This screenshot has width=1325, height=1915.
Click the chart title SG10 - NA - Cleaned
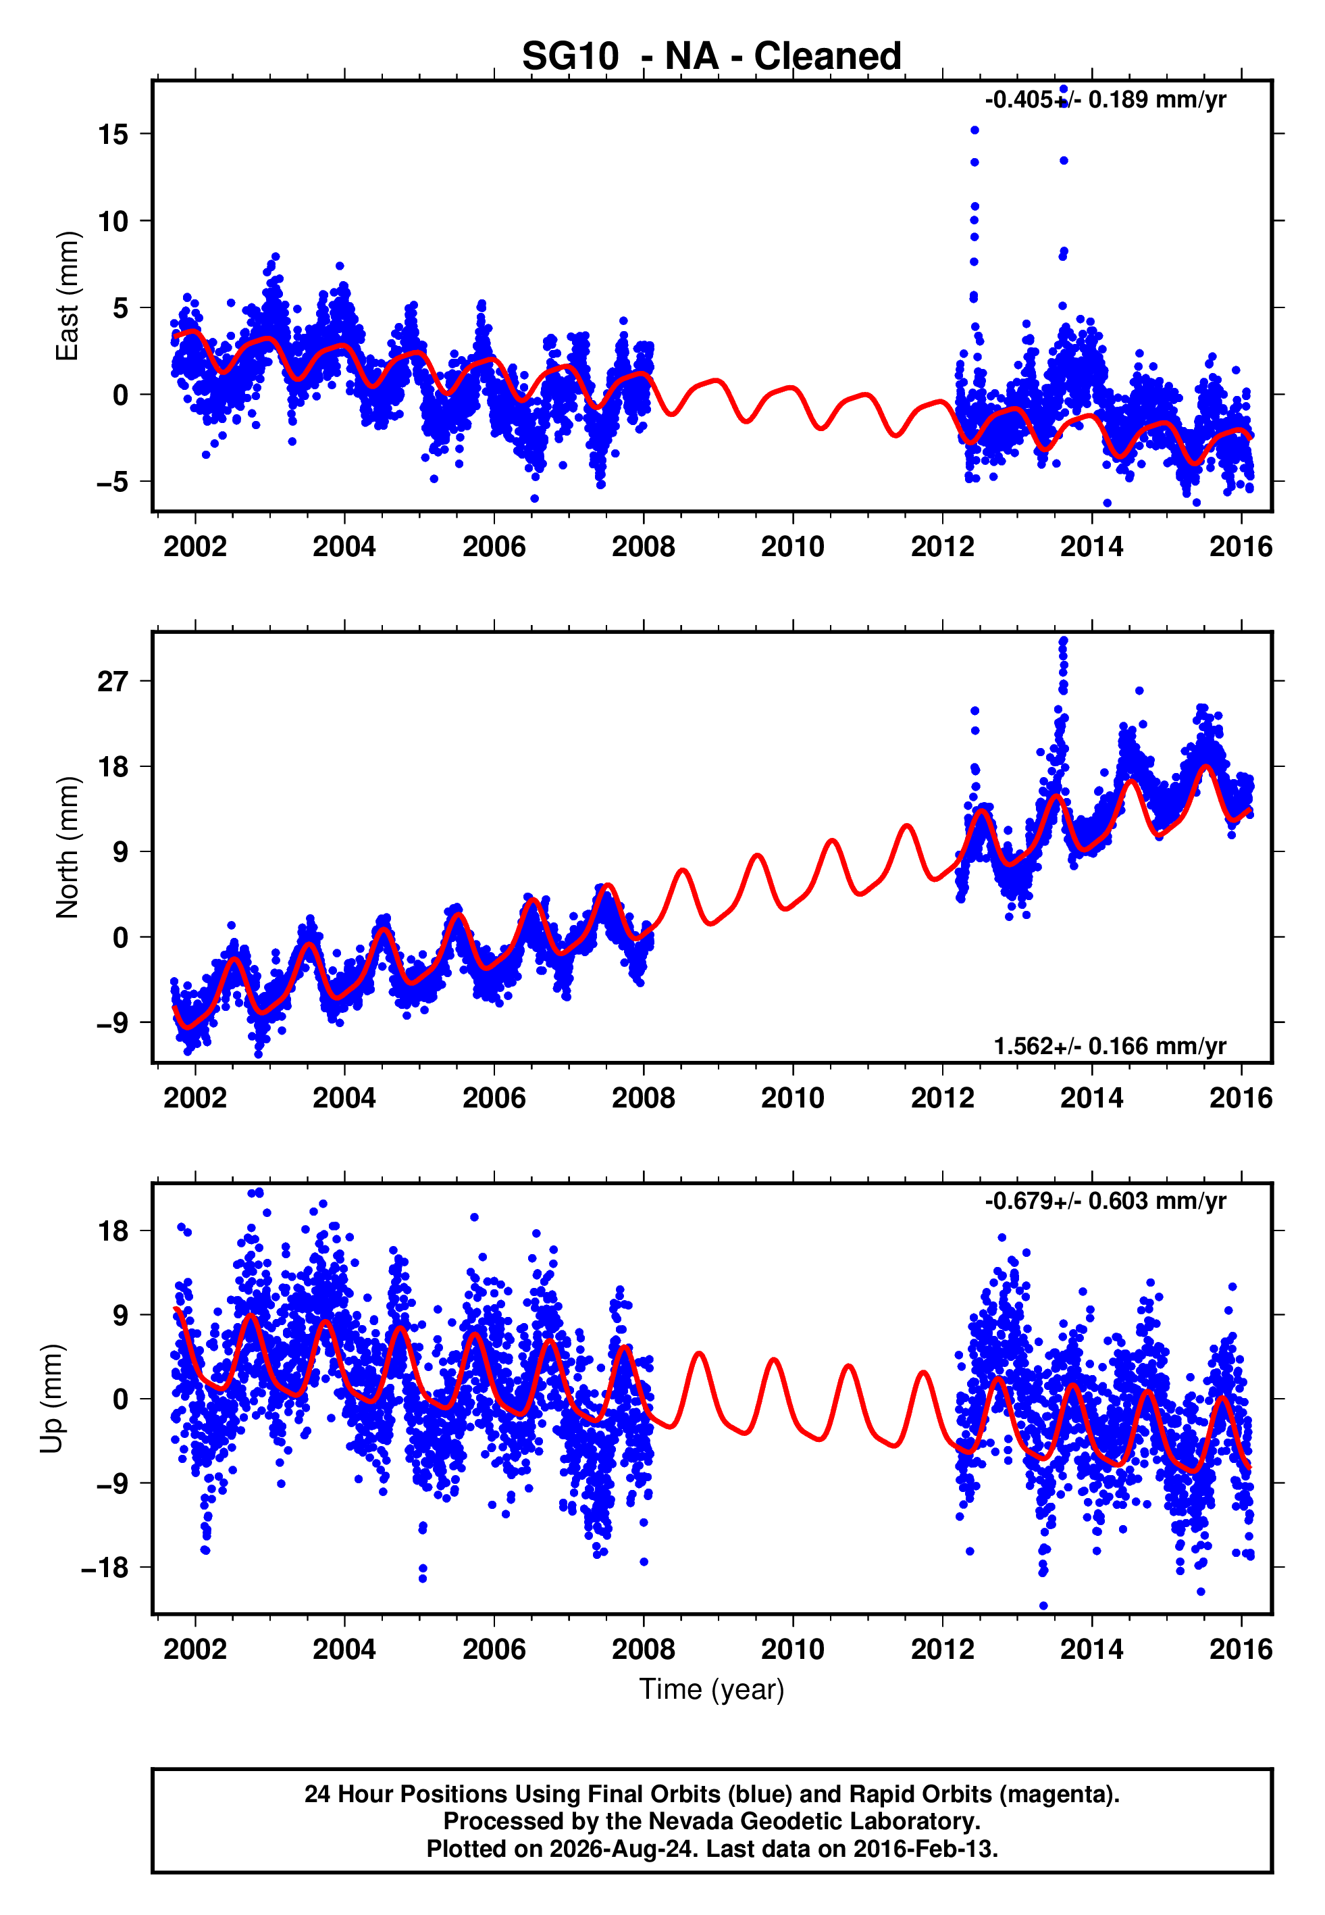click(712, 57)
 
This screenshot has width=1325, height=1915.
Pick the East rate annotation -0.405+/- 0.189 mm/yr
click(1105, 99)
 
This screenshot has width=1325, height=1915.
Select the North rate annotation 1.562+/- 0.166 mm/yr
click(1110, 1046)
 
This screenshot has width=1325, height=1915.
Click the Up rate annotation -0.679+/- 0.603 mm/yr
click(1105, 1201)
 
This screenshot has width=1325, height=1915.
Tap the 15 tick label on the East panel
click(113, 134)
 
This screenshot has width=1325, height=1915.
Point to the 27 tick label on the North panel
click(113, 681)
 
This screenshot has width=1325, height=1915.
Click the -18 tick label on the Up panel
click(105, 1568)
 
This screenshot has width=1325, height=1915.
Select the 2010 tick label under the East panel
click(793, 547)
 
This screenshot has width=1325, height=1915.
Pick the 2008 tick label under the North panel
click(644, 1098)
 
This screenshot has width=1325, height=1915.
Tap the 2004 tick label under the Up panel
click(344, 1649)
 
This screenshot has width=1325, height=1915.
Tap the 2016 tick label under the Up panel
click(1241, 1649)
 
